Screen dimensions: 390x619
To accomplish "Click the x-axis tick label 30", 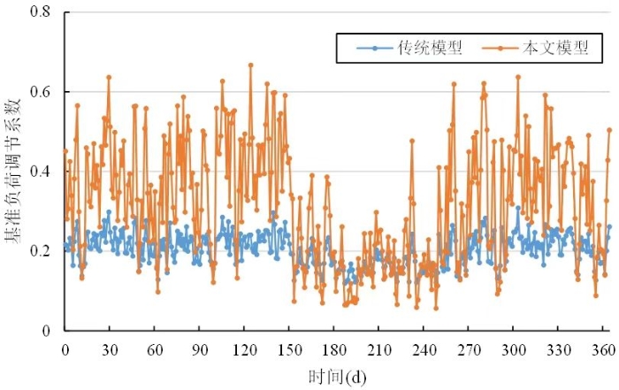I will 111,350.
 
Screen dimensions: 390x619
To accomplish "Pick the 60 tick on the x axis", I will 156,350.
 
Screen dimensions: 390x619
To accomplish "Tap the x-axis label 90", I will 201,350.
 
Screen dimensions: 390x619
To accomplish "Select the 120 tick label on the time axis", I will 245,350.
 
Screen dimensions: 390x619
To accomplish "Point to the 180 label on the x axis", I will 336,350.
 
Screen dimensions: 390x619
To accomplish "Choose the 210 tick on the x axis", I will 381,350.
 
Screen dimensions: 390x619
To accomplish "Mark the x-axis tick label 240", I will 426,350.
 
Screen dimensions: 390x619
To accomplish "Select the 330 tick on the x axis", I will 562,350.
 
